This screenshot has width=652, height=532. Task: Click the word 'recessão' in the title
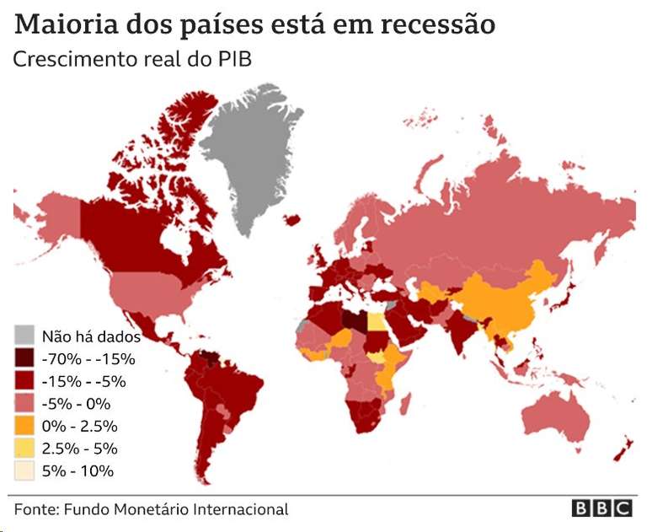click(x=437, y=24)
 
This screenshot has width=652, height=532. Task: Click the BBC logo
click(x=601, y=508)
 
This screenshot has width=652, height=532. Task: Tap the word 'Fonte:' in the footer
click(x=35, y=509)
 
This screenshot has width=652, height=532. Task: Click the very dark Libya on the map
click(x=355, y=320)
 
